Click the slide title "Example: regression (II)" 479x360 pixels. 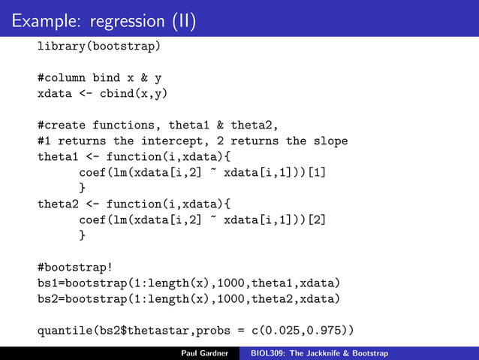click(x=104, y=20)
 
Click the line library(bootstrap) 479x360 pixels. click(x=99, y=47)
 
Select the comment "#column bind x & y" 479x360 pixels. click(x=99, y=77)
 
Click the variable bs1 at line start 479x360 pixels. click(x=47, y=282)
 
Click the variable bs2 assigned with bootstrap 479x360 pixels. click(x=47, y=298)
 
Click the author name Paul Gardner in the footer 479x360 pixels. click(x=204, y=352)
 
